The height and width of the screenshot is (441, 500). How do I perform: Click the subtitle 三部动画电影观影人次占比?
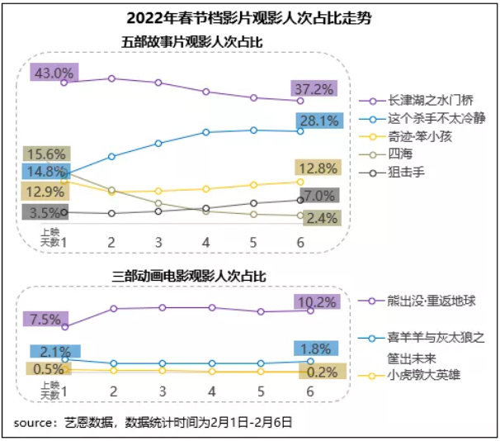188,273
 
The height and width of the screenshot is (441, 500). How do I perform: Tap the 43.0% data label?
52,72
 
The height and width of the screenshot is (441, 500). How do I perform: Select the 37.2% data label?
314,88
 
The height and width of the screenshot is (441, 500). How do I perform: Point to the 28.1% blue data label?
318,121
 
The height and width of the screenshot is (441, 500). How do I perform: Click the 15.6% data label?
45,154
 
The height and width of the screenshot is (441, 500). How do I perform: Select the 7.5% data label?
45,319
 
